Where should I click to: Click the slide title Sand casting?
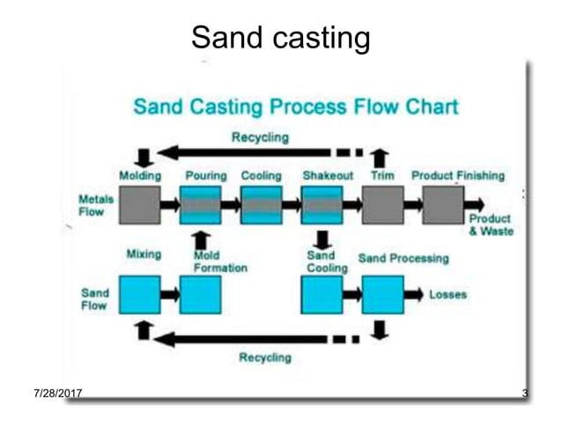pyautogui.click(x=280, y=38)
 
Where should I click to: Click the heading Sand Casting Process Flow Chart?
pyautogui.click(x=295, y=107)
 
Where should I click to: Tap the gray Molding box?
pyautogui.click(x=139, y=205)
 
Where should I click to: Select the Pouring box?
pyautogui.click(x=201, y=205)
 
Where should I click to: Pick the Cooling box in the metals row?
pyautogui.click(x=262, y=205)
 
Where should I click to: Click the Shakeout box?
pyautogui.click(x=322, y=205)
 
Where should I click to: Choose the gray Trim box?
pyautogui.click(x=383, y=205)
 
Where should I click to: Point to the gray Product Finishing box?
pyautogui.click(x=443, y=205)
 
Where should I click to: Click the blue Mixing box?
pyautogui.click(x=139, y=294)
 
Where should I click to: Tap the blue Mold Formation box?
pyautogui.click(x=201, y=294)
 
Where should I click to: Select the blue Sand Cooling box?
pyautogui.click(x=322, y=294)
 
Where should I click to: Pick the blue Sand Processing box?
pyautogui.click(x=383, y=294)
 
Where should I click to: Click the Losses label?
pyautogui.click(x=447, y=294)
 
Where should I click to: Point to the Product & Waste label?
pyautogui.click(x=491, y=225)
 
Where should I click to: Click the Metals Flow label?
pyautogui.click(x=95, y=205)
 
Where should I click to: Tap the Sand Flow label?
pyautogui.click(x=95, y=299)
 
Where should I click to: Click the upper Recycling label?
pyautogui.click(x=260, y=137)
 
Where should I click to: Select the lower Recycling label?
pyautogui.click(x=265, y=358)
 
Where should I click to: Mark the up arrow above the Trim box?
pyautogui.click(x=381, y=159)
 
